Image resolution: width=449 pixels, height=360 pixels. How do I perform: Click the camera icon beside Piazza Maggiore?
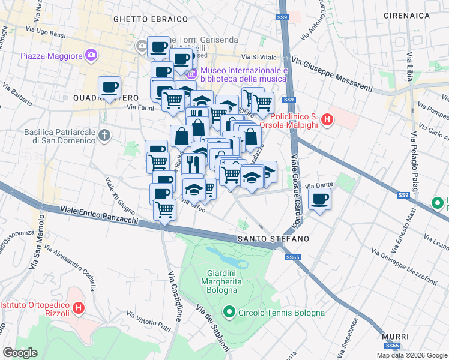point(91,55)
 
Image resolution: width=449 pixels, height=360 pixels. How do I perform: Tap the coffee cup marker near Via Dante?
point(320,199)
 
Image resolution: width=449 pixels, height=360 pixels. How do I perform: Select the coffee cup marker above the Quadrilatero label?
point(109,88)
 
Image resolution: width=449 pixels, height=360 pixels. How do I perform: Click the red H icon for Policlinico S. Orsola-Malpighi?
point(327,120)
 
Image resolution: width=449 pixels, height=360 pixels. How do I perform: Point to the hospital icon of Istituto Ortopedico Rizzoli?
point(78,309)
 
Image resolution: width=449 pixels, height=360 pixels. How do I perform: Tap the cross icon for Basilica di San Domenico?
point(105,135)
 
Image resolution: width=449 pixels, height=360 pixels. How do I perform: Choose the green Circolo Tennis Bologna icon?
point(229,312)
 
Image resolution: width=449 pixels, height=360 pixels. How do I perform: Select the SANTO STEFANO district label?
point(273,239)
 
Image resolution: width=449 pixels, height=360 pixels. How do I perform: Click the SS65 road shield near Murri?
point(392,346)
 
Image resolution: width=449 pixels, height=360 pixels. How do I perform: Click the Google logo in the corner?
point(20,353)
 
